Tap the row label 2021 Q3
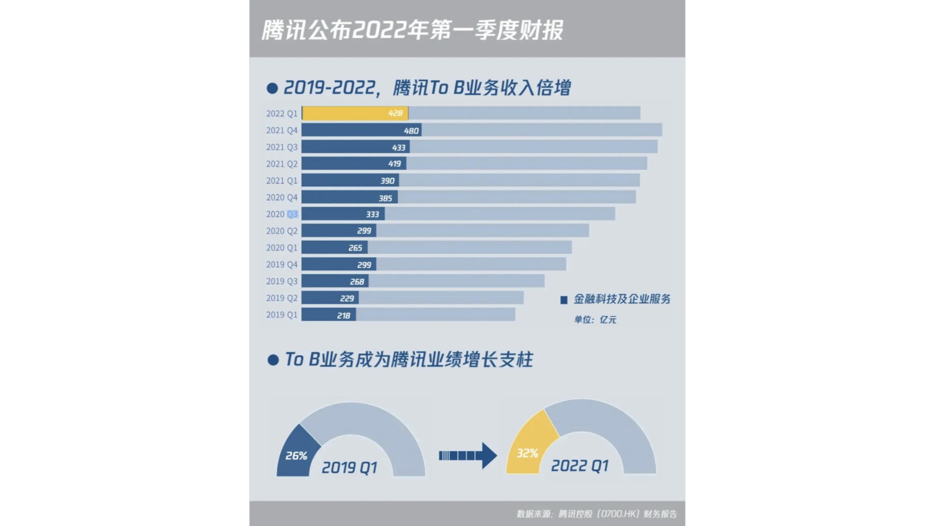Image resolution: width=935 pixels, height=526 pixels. click(x=281, y=147)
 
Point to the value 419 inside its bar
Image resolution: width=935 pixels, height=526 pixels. click(x=395, y=164)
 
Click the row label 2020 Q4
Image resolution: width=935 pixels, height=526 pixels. click(x=281, y=198)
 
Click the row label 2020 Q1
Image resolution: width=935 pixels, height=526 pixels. click(x=281, y=248)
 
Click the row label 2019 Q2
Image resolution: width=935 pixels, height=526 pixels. click(x=281, y=298)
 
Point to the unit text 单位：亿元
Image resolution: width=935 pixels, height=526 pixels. click(x=595, y=320)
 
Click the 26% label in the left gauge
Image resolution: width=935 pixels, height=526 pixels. click(x=296, y=456)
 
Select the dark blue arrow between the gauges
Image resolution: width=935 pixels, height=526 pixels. click(x=468, y=455)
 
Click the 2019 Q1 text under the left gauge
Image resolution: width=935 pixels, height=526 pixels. click(x=349, y=468)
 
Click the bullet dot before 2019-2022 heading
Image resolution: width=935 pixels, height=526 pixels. click(x=272, y=88)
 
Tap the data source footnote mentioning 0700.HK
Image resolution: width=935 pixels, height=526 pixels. click(x=597, y=514)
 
